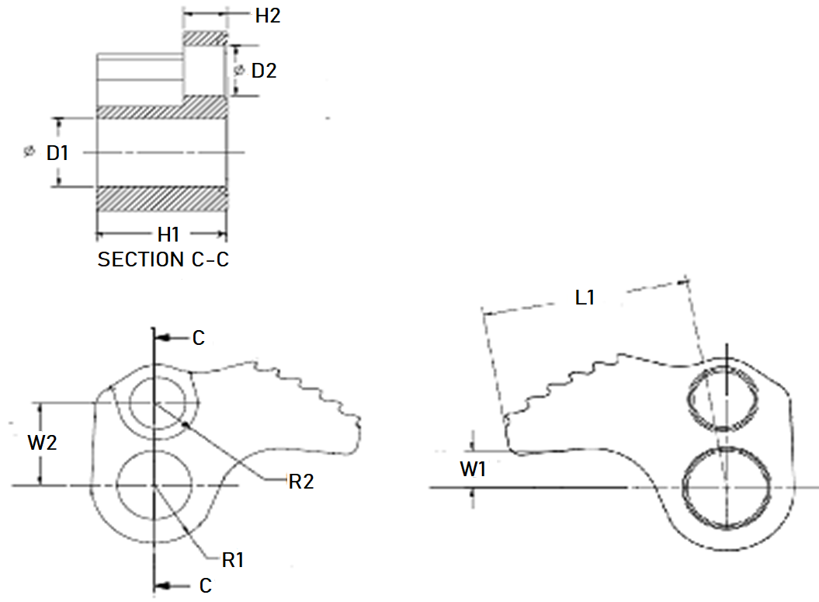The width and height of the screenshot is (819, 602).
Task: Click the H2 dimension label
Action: pos(267,15)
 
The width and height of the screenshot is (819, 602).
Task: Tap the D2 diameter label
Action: pos(265,71)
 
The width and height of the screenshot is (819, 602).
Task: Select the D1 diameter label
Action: pos(57,152)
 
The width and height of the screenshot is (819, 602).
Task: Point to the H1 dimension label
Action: pos(168,234)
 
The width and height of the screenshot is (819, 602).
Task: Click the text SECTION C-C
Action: pos(163,259)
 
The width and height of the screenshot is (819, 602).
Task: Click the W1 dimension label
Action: pos(473,469)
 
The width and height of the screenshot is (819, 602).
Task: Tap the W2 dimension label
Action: pos(42,444)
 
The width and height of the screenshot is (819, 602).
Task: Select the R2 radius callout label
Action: pos(300,482)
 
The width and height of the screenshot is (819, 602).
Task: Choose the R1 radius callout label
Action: pos(233,560)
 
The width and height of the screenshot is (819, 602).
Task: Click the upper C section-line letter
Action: pos(199,338)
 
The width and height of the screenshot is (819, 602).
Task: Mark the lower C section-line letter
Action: pos(205,586)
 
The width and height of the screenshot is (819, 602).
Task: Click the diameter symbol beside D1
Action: pos(29,152)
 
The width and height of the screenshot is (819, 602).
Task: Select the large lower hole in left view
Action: pos(156,485)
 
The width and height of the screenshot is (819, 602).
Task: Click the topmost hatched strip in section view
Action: pos(205,37)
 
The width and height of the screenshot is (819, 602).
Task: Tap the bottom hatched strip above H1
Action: pos(161,199)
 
